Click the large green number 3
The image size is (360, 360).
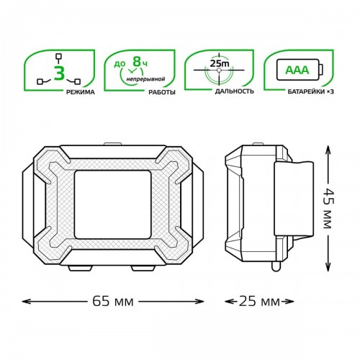[60, 72]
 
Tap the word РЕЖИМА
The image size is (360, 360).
[81, 92]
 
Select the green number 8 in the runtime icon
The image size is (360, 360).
[137, 61]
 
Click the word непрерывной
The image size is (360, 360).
[146, 78]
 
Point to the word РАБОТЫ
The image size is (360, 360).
[162, 92]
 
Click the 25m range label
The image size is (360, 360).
[219, 63]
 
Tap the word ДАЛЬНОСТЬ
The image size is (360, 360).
[235, 91]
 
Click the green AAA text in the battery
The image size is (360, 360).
[297, 70]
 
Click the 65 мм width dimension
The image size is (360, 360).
[113, 302]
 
